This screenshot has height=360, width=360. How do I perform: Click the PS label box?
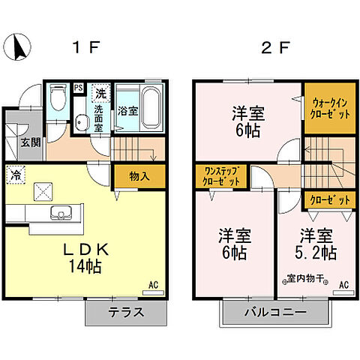click(78, 88)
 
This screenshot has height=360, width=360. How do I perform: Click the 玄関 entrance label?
click(31, 142)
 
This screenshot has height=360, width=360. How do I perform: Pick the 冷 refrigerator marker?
click(16, 175)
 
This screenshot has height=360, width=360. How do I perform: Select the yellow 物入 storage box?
click(134, 177)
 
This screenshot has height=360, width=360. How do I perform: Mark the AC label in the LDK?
click(153, 285)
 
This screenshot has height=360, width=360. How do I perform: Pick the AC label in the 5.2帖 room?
click(343, 285)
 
